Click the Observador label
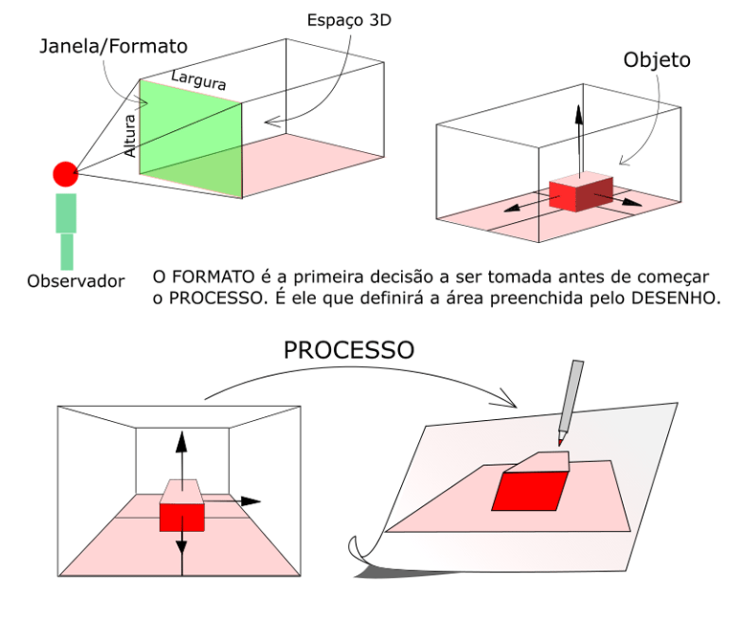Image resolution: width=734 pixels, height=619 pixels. coord(76,281)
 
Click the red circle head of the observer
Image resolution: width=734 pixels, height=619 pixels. coord(65,173)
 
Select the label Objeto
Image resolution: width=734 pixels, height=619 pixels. coord(657,60)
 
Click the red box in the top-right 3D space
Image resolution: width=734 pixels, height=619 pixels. coord(580,193)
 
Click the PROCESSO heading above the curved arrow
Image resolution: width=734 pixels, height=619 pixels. coord(348,349)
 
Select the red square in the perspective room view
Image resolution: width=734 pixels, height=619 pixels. coord(182,517)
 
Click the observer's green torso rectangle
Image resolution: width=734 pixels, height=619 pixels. coord(66,213)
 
